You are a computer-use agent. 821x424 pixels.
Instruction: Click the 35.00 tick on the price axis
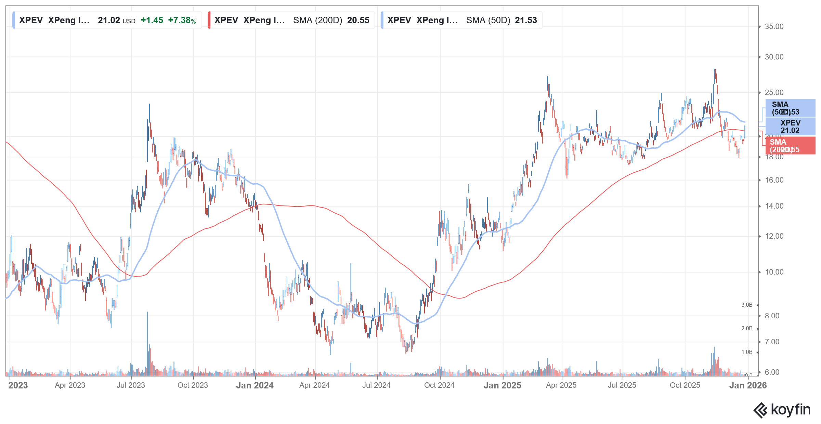pos(774,27)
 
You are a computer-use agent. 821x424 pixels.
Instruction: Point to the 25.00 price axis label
pos(774,93)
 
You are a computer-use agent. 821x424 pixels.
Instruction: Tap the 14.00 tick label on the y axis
pos(774,206)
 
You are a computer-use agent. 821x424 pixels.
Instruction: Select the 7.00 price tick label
pos(772,342)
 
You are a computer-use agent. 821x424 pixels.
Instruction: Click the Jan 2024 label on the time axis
pos(255,386)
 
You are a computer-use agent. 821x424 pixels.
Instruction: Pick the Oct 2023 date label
pos(193,385)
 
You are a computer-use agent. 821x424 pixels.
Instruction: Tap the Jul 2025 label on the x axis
pos(622,385)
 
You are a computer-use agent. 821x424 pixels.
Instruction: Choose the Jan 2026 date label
pos(748,386)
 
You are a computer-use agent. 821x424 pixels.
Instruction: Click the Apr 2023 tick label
pos(70,385)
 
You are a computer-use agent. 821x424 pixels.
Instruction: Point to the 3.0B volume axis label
pos(747,305)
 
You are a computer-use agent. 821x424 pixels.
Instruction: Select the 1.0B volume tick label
pos(747,352)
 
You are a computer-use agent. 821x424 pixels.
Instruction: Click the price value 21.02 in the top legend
pos(109,21)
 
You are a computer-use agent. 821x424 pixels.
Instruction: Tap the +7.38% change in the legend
pos(182,21)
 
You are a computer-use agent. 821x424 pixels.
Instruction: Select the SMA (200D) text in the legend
pos(317,21)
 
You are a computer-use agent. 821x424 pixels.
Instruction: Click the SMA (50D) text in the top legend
pos(488,21)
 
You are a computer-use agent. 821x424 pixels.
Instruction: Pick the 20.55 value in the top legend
pos(358,21)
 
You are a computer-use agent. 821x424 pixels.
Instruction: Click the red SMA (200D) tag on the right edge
pos(790,146)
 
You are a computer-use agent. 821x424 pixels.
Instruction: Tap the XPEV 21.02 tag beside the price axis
pos(790,127)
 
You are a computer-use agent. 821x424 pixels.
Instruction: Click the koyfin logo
pos(782,410)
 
